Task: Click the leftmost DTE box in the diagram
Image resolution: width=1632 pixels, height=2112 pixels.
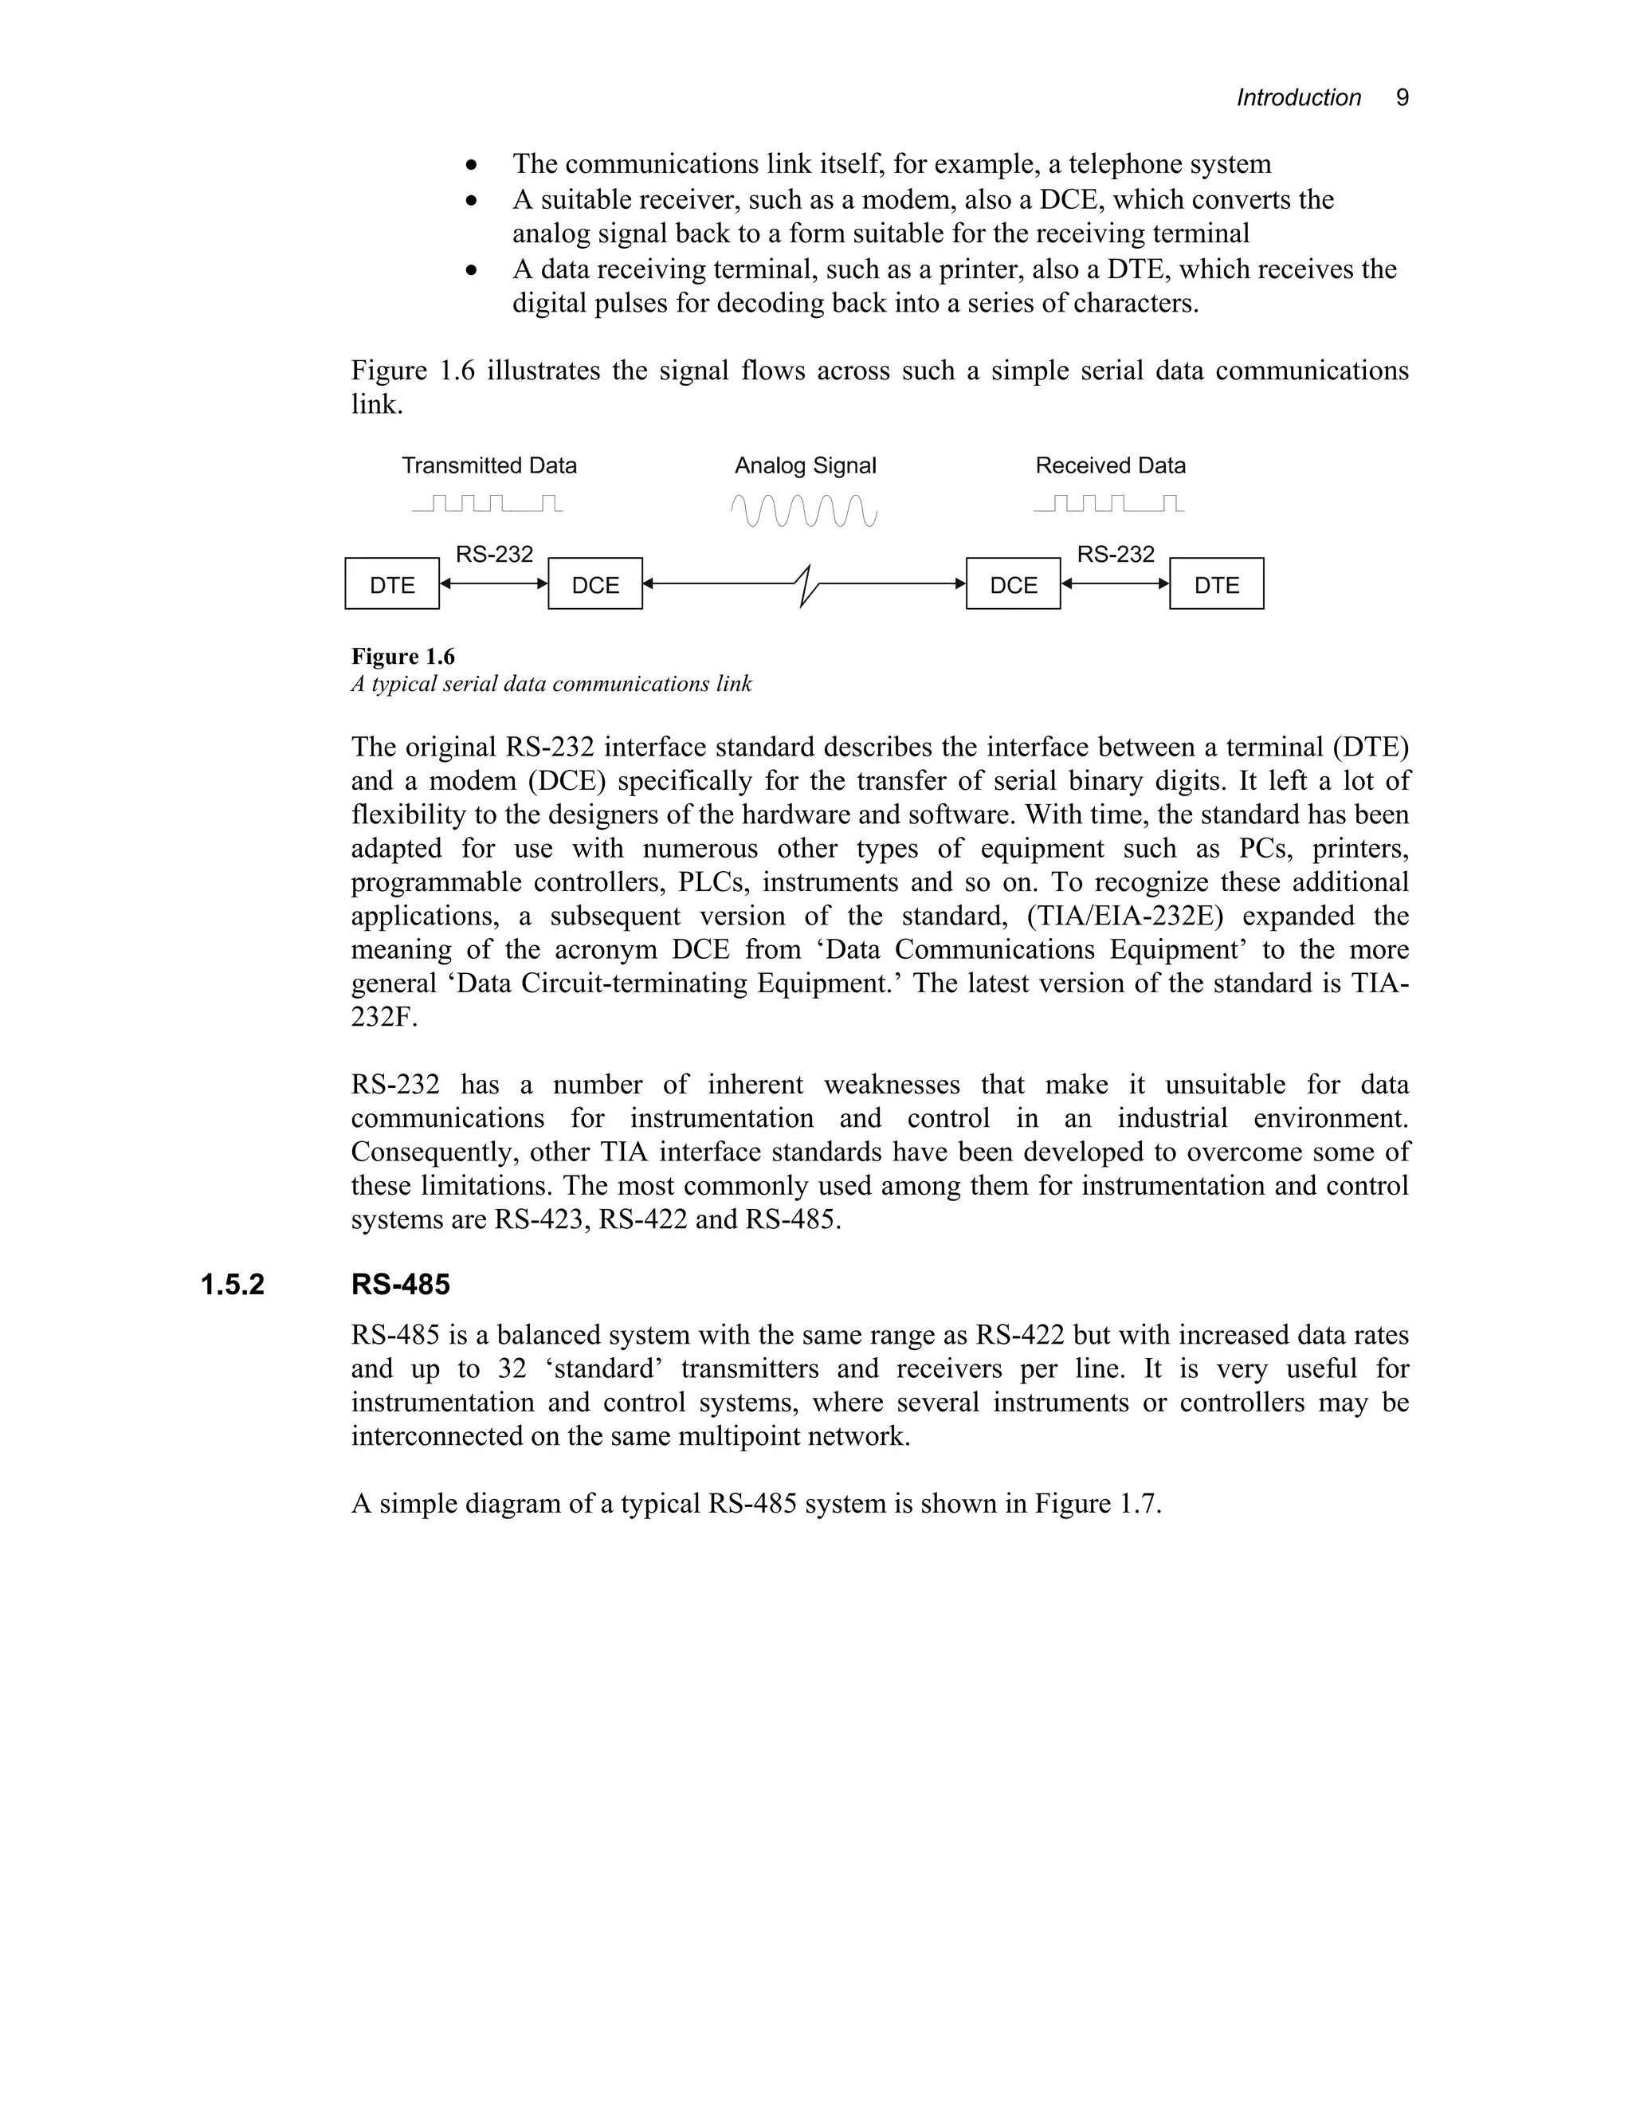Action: pyautogui.click(x=391, y=584)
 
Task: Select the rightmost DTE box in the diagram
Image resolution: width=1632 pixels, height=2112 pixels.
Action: pyautogui.click(x=1216, y=584)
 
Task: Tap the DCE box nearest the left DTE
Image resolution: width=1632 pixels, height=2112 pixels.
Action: pyautogui.click(x=594, y=584)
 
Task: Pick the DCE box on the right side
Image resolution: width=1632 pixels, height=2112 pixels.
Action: pyautogui.click(x=1014, y=584)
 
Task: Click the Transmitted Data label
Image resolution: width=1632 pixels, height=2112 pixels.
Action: pyautogui.click(x=489, y=466)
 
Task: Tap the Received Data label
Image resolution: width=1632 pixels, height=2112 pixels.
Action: pyautogui.click(x=1110, y=466)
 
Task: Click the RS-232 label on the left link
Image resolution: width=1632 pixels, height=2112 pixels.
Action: pyautogui.click(x=494, y=555)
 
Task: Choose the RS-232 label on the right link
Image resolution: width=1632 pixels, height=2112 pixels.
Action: pyautogui.click(x=1116, y=555)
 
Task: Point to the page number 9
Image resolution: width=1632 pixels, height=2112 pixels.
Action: pyautogui.click(x=1402, y=98)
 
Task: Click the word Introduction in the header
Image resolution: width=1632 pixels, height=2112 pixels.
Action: pyautogui.click(x=1298, y=98)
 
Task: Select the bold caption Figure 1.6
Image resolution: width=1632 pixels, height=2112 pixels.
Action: pyautogui.click(x=402, y=657)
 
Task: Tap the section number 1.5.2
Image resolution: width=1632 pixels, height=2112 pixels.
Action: pyautogui.click(x=232, y=1286)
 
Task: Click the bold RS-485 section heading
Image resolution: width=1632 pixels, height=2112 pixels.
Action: pyautogui.click(x=400, y=1286)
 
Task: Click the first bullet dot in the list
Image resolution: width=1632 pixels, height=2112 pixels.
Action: pyautogui.click(x=471, y=165)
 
